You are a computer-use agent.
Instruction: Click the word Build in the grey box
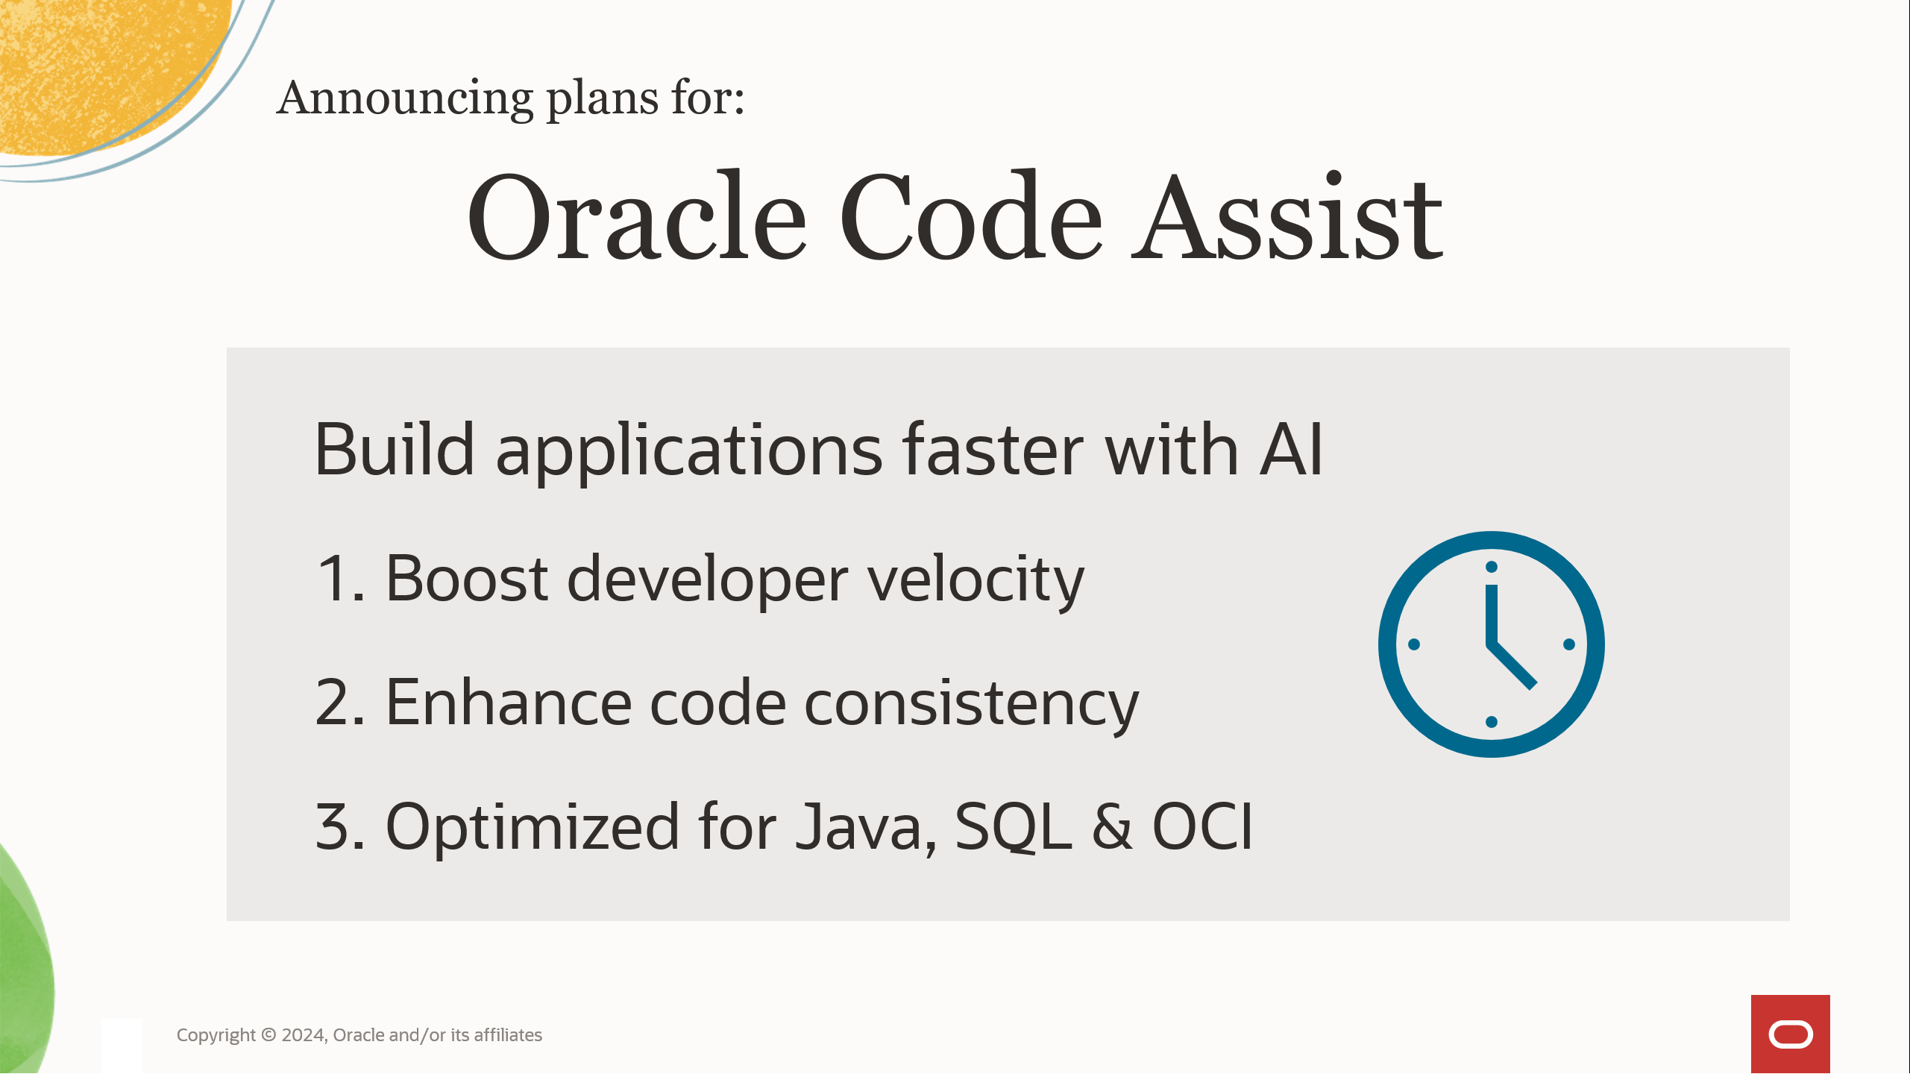pos(395,450)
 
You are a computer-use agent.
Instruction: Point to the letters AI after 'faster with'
pos(1291,450)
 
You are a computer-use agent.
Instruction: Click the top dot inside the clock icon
pos(1492,567)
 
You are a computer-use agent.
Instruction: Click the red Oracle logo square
pos(1790,1034)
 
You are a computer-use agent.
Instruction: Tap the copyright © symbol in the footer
pos(268,1035)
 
